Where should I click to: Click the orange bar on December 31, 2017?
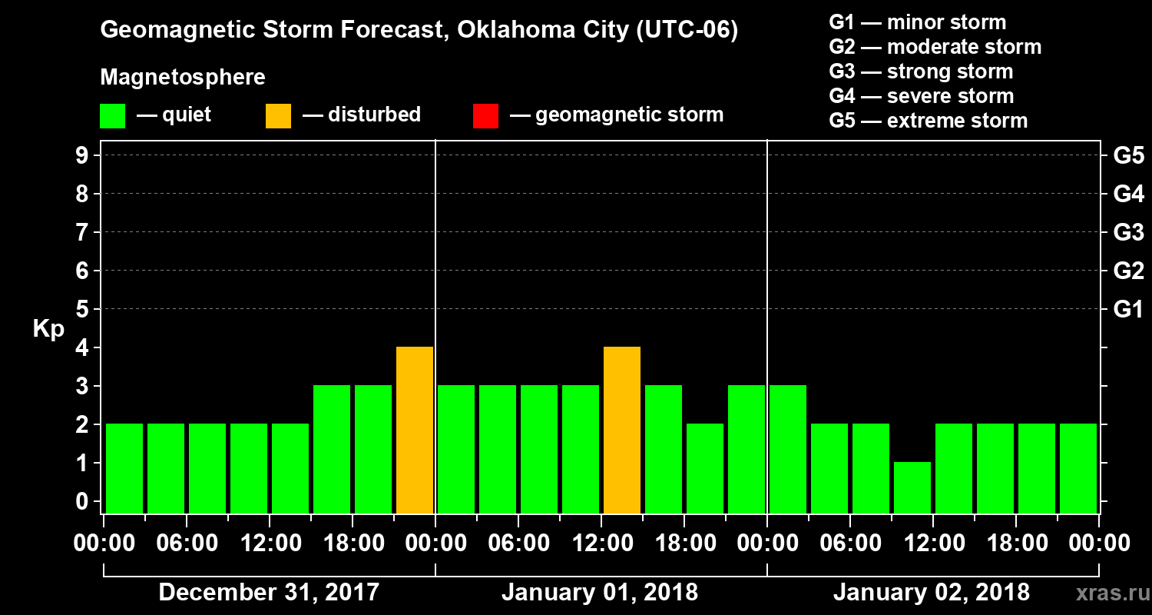pyautogui.click(x=415, y=430)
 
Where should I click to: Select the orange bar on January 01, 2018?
pyautogui.click(x=622, y=430)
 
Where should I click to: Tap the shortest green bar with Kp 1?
pyautogui.click(x=912, y=487)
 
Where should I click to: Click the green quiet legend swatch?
pyautogui.click(x=112, y=115)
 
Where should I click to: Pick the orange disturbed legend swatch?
pyautogui.click(x=278, y=115)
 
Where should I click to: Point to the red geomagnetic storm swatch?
pyautogui.click(x=485, y=115)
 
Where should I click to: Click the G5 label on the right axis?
pyautogui.click(x=1128, y=156)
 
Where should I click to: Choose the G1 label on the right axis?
pyautogui.click(x=1128, y=310)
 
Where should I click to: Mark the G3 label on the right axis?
pyautogui.click(x=1128, y=233)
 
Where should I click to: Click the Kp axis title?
pyautogui.click(x=48, y=329)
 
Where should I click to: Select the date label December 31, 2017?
pyautogui.click(x=269, y=593)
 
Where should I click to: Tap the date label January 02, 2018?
pyautogui.click(x=932, y=593)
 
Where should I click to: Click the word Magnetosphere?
pyautogui.click(x=183, y=78)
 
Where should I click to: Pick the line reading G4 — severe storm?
pyautogui.click(x=922, y=96)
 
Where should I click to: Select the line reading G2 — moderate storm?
pyautogui.click(x=935, y=47)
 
